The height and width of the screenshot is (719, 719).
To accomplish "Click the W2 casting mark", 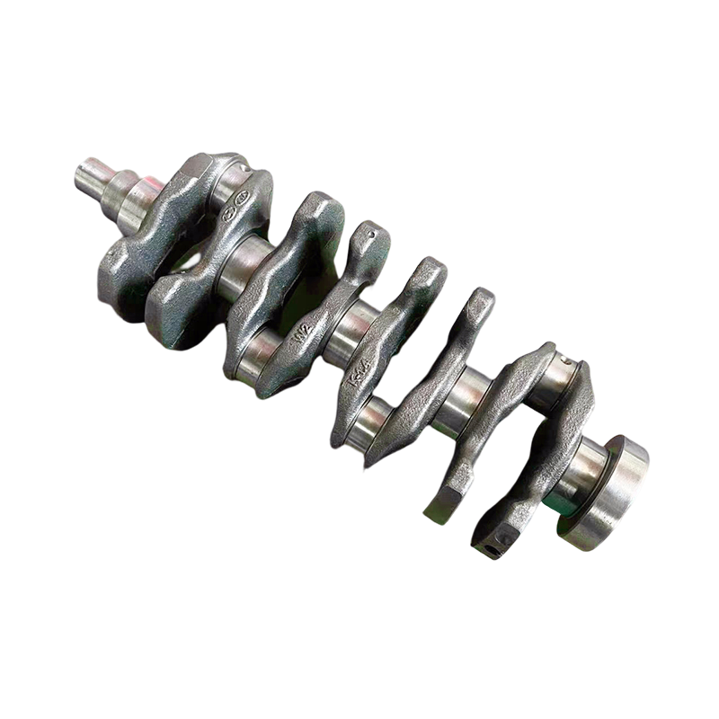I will pos(304,333).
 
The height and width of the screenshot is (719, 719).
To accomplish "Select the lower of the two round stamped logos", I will pos(228,214).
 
